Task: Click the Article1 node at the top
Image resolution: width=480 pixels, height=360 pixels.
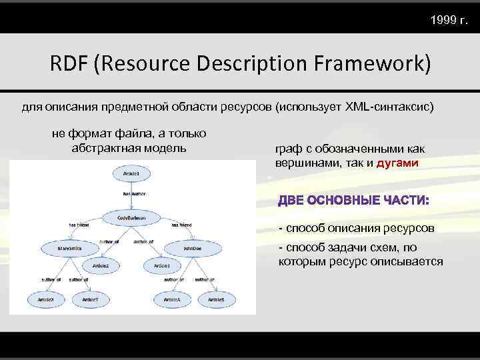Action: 131,173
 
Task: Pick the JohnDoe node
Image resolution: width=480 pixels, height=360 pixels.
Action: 193,248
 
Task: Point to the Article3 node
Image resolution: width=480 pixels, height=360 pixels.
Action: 162,265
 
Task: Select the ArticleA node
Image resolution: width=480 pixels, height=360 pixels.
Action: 171,299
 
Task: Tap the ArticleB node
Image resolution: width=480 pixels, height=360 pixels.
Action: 216,299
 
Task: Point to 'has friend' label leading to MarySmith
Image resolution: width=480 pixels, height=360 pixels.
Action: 79,225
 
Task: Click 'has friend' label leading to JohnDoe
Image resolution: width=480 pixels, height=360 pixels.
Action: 181,225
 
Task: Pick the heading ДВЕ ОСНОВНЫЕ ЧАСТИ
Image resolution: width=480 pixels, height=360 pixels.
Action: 354,200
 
